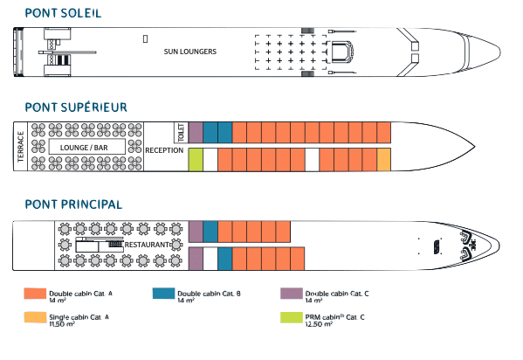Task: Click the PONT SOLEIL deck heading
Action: coord(63,13)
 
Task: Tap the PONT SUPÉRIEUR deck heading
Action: coord(76,107)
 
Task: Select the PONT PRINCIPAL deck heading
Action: coord(73,204)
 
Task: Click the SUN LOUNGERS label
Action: coord(190,52)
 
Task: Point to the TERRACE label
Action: coord(21,147)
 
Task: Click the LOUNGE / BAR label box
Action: coord(87,147)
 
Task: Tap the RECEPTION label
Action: coord(164,150)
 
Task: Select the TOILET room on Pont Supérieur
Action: coord(181,133)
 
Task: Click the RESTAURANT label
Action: coord(147,245)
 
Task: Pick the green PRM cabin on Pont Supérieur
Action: coord(196,160)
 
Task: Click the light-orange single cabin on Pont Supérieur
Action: coord(383,160)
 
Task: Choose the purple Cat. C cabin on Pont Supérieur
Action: coord(196,133)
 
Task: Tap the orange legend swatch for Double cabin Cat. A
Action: coord(35,294)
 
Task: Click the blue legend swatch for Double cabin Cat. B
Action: coord(163,294)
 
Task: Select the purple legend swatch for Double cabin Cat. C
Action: coord(292,294)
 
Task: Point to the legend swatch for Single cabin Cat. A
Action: coord(35,317)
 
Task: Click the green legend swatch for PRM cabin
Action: coord(292,317)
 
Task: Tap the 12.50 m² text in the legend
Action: coord(319,324)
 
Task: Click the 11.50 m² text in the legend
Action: coord(62,324)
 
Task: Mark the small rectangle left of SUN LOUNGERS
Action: coord(146,39)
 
